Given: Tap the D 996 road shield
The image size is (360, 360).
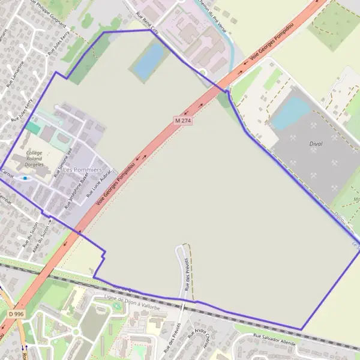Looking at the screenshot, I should pyautogui.click(x=16, y=314).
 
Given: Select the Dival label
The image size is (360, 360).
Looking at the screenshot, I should pyautogui.click(x=300, y=143).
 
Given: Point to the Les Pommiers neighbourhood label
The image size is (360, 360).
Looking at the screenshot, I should pyautogui.click(x=82, y=170).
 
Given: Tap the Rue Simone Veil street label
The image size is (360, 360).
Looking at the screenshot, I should pyautogui.click(x=64, y=162).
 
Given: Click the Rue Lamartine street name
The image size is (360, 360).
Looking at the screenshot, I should pyautogui.click(x=16, y=74).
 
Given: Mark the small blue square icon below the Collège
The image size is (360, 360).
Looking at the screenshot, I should pyautogui.click(x=25, y=178).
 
